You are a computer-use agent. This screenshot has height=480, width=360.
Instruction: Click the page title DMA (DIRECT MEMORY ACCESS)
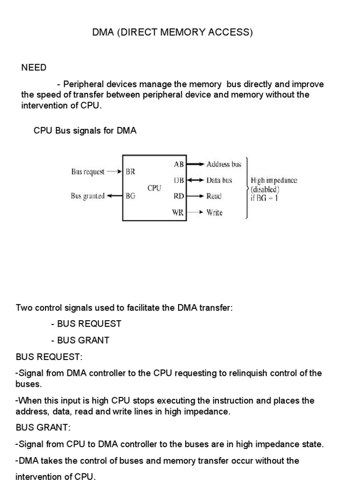tap(172, 33)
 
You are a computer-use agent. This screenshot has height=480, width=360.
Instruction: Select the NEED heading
tap(34, 67)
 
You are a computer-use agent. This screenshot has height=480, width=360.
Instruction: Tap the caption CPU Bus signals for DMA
tap(85, 131)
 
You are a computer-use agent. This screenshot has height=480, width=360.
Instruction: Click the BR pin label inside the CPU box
tap(130, 172)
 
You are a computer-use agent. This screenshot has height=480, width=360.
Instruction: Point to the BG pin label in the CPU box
tap(130, 196)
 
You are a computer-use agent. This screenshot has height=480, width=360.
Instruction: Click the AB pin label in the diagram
tap(179, 164)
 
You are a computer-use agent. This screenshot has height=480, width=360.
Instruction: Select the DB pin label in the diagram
tap(179, 180)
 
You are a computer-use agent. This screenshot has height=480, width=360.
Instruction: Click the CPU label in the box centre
tap(154, 188)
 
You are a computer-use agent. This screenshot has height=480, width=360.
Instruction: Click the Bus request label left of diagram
tap(88, 172)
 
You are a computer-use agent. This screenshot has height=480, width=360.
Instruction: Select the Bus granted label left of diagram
tap(88, 196)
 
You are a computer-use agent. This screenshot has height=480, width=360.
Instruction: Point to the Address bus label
tap(224, 164)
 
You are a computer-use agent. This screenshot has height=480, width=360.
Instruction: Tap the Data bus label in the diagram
tap(219, 180)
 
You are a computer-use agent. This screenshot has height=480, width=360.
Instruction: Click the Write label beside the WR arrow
tap(214, 212)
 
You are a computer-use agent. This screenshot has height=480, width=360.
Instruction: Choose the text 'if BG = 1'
tap(265, 198)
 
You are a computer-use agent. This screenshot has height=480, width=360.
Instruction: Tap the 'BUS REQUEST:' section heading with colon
tap(49, 357)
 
